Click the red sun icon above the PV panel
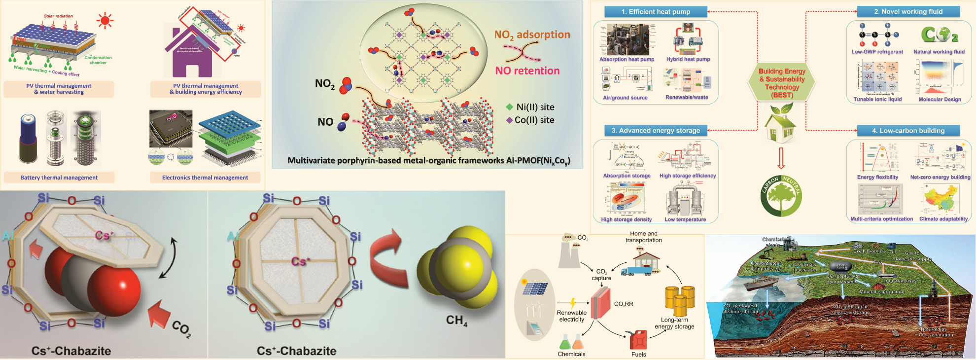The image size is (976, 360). click(x=105, y=21)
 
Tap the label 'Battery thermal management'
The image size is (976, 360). click(x=59, y=178)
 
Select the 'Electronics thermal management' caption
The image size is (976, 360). click(x=205, y=178)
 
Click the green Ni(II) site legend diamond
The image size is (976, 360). click(x=510, y=107)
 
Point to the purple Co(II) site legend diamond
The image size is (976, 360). click(x=509, y=120)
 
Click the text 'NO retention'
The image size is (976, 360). click(x=527, y=71)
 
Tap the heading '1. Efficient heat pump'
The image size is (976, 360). click(x=656, y=11)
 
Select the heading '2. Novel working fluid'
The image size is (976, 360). click(x=908, y=11)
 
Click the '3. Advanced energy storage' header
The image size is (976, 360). click(x=656, y=131)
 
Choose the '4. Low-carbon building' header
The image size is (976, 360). click(x=908, y=131)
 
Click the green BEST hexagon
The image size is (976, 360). click(x=782, y=83)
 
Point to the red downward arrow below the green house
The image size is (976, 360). click(x=781, y=158)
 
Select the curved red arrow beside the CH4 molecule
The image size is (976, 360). click(x=389, y=256)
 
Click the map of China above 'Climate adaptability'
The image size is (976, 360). click(x=942, y=200)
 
